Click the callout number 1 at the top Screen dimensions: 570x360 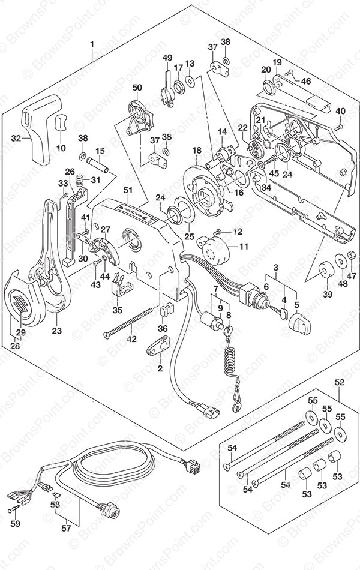point(93,44)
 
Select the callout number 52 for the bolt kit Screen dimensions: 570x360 point(340,382)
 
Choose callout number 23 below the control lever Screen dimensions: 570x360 point(57,329)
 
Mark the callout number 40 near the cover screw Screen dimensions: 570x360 point(341,111)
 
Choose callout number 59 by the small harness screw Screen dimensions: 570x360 point(16,523)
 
